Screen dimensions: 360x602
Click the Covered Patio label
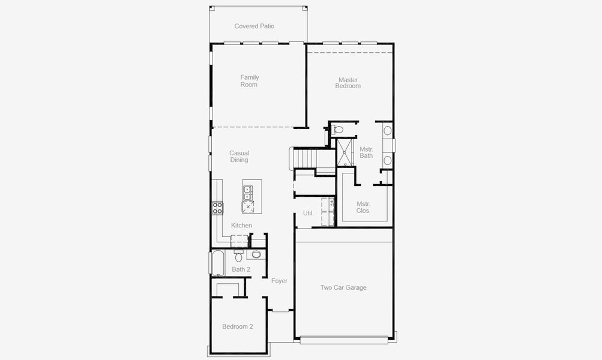[254, 26]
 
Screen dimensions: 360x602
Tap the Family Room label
[249, 81]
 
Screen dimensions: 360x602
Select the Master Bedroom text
[348, 83]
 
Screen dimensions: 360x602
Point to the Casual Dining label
[239, 157]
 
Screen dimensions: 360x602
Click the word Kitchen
[242, 226]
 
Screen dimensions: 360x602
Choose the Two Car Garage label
[343, 288]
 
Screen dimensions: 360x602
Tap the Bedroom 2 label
[238, 327]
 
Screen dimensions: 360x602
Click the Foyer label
[279, 281]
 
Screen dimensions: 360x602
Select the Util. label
[309, 213]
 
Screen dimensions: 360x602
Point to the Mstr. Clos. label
[364, 207]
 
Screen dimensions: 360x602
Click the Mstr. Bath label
[366, 152]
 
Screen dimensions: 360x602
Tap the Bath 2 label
[241, 269]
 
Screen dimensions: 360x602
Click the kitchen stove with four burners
[217, 208]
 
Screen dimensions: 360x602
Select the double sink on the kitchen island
[247, 193]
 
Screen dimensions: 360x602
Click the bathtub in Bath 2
[217, 262]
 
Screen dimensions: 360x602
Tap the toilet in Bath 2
[239, 257]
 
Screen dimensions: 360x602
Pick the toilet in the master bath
[337, 130]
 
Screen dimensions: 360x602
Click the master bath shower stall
[344, 152]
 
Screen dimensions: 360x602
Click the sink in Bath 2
[256, 254]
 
